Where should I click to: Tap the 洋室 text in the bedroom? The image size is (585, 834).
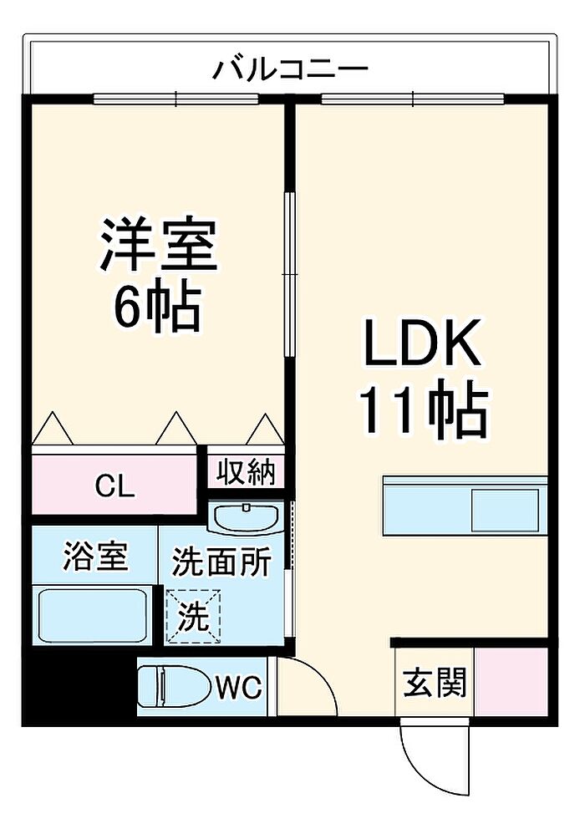click(159, 245)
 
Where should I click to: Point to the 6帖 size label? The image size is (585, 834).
click(158, 308)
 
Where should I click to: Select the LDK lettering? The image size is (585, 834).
click(422, 343)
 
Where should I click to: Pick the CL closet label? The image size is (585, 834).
click(115, 486)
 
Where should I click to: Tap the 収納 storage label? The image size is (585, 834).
click(245, 472)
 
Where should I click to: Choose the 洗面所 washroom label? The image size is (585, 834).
click(221, 562)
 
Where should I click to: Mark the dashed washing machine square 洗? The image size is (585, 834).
click(192, 617)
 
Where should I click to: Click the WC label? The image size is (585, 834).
click(238, 688)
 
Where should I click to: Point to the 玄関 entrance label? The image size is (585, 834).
click(435, 682)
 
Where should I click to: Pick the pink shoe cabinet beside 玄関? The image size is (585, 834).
click(511, 681)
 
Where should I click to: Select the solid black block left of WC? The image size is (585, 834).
click(79, 687)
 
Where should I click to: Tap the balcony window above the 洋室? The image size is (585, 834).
click(176, 99)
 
